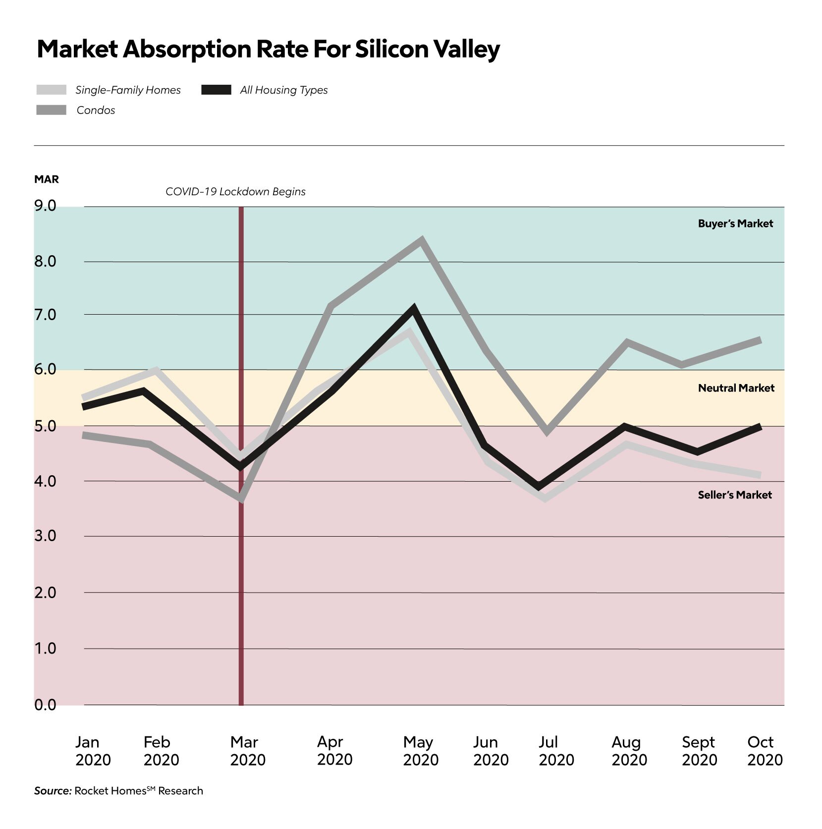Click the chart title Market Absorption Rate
268,49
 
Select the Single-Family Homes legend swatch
51,90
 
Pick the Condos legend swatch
51,110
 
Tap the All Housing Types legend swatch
216,90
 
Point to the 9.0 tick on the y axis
45,206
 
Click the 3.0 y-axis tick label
45,536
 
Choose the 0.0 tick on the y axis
45,705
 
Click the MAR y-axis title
47,179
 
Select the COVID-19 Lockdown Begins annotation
235,192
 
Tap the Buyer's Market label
735,223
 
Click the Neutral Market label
736,388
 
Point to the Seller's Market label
735,495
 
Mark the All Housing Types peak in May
413,309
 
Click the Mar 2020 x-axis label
247,751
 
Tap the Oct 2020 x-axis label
765,751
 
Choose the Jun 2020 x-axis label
491,751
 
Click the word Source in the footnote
53,791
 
